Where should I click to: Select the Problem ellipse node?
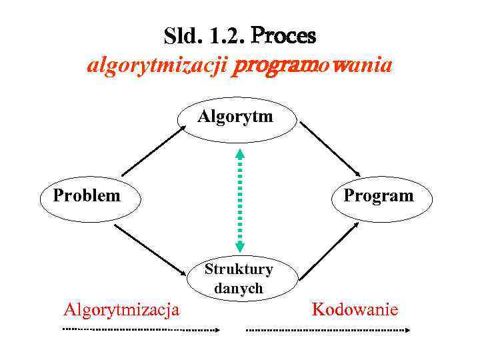(87, 197)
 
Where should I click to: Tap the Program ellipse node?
(378, 197)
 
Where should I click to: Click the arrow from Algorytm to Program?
(331, 148)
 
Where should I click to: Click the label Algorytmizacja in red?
(121, 309)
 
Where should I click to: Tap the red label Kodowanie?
(355, 309)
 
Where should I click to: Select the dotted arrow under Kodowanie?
(329, 329)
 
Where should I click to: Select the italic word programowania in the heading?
(313, 67)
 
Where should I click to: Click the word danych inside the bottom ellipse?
(239, 289)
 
